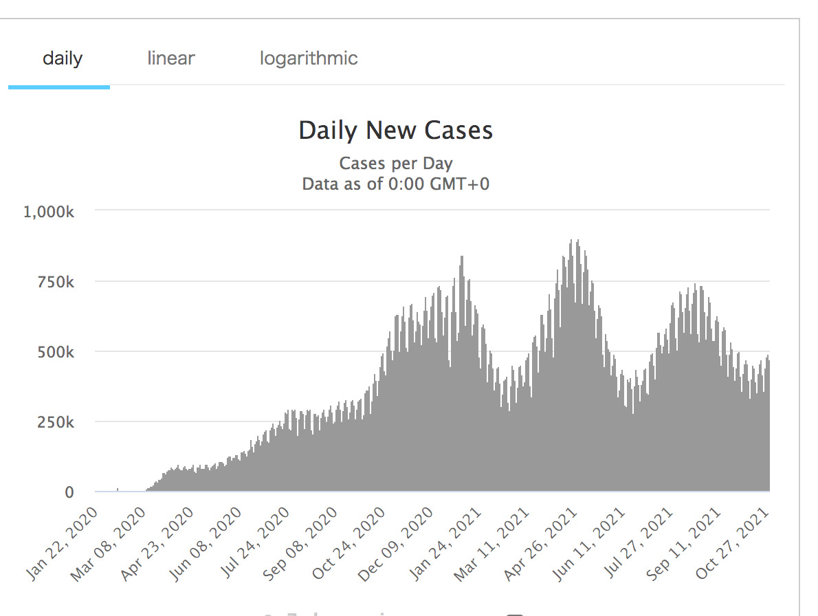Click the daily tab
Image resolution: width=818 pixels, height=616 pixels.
pyautogui.click(x=62, y=58)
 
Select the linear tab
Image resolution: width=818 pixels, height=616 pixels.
pyautogui.click(x=170, y=58)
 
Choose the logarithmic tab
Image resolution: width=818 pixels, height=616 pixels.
pyautogui.click(x=309, y=58)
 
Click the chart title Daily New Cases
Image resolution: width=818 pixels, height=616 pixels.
pyautogui.click(x=396, y=131)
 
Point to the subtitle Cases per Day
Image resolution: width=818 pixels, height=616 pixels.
pyautogui.click(x=396, y=164)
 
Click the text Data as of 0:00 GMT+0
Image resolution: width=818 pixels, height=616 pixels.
pyautogui.click(x=396, y=184)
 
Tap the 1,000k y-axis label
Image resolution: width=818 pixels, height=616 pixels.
pyautogui.click(x=49, y=211)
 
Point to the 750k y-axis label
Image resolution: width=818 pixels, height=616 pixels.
pyautogui.click(x=56, y=282)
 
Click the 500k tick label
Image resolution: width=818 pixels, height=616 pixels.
pyautogui.click(x=56, y=352)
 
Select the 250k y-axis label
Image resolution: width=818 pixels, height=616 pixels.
pyautogui.click(x=56, y=422)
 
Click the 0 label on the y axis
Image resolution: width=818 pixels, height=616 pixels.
pyautogui.click(x=69, y=492)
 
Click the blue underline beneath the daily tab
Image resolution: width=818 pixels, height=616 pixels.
pyautogui.click(x=59, y=87)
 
